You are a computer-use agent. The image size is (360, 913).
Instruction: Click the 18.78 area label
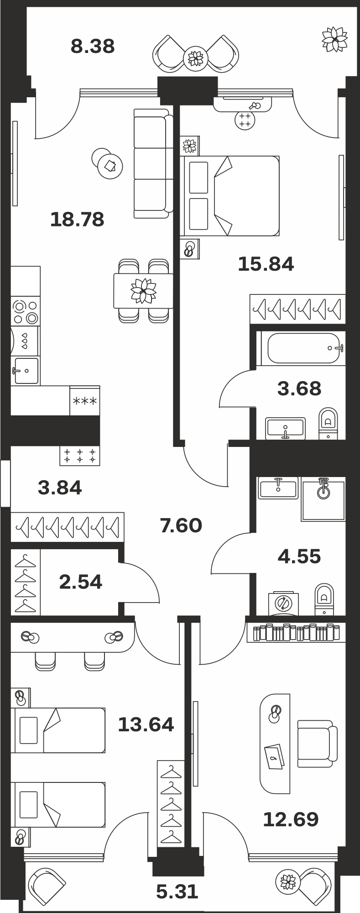click(77, 220)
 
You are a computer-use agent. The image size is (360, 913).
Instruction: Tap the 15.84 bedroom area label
click(266, 264)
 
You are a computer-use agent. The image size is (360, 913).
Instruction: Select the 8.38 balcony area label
click(93, 46)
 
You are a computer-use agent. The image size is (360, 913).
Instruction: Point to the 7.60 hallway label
click(181, 525)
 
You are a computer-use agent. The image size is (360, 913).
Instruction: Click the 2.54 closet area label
click(81, 582)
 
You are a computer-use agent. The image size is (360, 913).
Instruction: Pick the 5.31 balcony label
click(177, 892)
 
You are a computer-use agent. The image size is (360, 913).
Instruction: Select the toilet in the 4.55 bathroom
click(324, 599)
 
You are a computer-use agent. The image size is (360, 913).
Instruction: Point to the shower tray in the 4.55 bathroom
click(323, 499)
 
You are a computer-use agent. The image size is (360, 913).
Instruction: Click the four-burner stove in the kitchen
click(25, 311)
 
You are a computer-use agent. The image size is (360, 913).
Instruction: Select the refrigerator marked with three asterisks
click(85, 401)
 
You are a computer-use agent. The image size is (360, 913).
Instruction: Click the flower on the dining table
click(143, 291)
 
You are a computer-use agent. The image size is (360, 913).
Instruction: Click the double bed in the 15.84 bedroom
click(230, 196)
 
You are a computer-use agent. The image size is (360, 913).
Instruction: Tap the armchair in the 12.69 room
click(317, 744)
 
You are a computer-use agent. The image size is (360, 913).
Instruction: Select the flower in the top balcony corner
click(334, 39)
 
